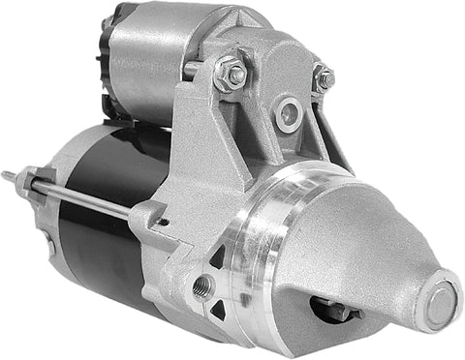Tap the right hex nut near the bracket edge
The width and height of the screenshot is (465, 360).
coord(324,77)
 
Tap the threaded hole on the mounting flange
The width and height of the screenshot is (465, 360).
coord(202,285)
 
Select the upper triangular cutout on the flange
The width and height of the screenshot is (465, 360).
coord(219,257)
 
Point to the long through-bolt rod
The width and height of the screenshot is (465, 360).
coord(87,199)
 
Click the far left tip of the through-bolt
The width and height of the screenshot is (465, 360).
coord(6,175)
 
